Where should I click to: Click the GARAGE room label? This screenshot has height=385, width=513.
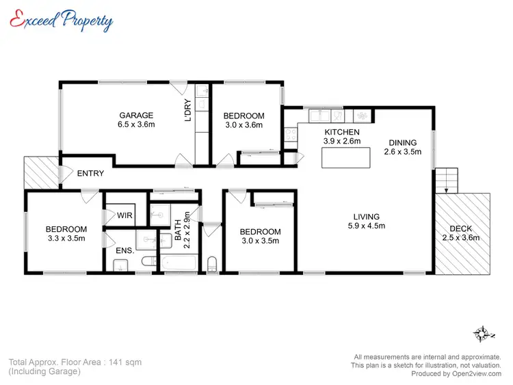point(136,115)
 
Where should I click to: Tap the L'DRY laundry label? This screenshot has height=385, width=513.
point(187,111)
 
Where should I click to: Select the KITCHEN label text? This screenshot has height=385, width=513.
point(341,132)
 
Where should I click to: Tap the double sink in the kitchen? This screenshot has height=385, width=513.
point(319,115)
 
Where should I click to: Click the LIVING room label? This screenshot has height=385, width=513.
point(366,216)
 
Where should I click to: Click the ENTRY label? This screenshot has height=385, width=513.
point(90,174)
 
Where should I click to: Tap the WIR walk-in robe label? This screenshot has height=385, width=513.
point(124,215)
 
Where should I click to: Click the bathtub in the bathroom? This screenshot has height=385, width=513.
point(178,263)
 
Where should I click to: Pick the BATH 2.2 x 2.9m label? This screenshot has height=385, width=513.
point(181,230)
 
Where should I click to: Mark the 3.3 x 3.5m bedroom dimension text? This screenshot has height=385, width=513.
point(66,239)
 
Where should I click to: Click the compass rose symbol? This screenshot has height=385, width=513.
point(482,334)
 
